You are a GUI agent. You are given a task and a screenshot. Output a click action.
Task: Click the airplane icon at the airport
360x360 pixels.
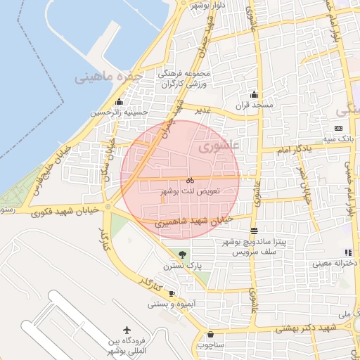tap(127, 330)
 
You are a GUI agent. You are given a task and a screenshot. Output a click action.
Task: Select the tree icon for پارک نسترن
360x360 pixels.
tap(183, 255)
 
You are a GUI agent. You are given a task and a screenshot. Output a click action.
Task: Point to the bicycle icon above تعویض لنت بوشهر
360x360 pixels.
tap(190, 181)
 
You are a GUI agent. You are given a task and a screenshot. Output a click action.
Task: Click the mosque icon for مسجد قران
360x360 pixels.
tap(254, 95)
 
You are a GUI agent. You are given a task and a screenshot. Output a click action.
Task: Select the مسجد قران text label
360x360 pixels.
tap(254, 105)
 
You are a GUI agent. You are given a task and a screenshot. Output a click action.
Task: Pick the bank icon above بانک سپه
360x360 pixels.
tap(339, 128)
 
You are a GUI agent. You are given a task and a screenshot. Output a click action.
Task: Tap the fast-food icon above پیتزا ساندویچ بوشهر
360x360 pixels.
tap(254, 230)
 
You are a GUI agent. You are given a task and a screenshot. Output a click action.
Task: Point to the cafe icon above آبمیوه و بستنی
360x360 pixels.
tap(172, 294)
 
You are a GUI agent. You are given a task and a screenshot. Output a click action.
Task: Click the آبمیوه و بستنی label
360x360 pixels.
tap(167, 304)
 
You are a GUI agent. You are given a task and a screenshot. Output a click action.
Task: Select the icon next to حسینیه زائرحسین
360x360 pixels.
tap(119, 102)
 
